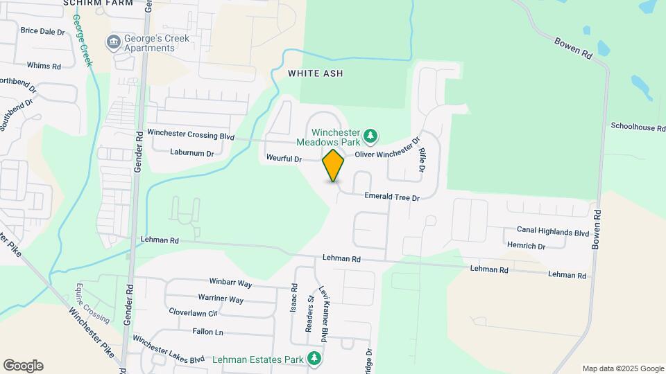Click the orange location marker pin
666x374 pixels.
[x=333, y=165]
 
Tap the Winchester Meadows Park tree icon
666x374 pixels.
[x=371, y=135]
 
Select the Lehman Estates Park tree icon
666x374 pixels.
[x=315, y=358]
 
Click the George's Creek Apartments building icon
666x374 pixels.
[x=112, y=43]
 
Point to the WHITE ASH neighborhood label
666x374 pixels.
[x=316, y=73]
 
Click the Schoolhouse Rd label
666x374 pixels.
[x=638, y=127]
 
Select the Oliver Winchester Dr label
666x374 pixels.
[x=387, y=150]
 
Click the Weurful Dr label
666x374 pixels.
[x=284, y=159]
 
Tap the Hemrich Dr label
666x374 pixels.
[x=526, y=246]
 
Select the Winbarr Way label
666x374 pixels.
[x=230, y=283]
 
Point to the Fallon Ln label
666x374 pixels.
[x=207, y=332]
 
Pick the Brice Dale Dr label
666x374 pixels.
[x=42, y=31]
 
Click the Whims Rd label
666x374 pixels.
[x=44, y=66]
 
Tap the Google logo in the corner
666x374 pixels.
[x=23, y=366]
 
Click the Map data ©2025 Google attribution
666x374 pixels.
[x=622, y=368]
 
